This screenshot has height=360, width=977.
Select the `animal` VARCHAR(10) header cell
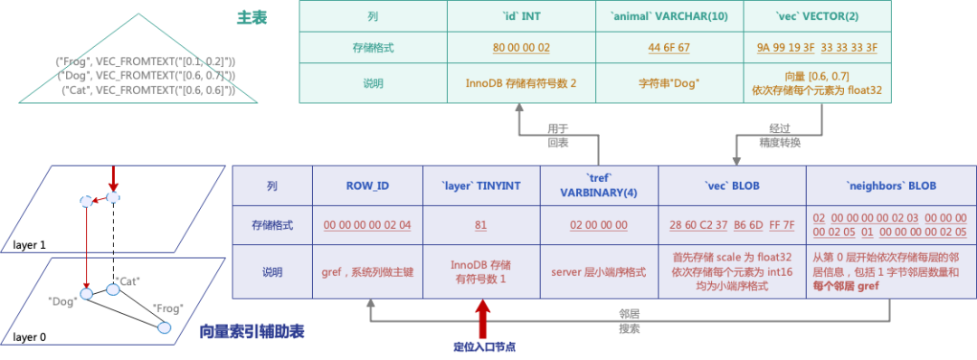pyautogui.click(x=669, y=16)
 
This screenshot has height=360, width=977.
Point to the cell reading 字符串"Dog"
pyautogui.click(x=669, y=82)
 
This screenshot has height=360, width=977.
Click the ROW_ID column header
pyautogui.click(x=367, y=185)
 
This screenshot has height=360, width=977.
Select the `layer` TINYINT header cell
pyautogui.click(x=482, y=185)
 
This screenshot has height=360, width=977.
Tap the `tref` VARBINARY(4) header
pyautogui.click(x=599, y=185)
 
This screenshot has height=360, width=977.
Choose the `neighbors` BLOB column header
pyautogui.click(x=891, y=185)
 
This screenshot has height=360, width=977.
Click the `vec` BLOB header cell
pyautogui.click(x=732, y=185)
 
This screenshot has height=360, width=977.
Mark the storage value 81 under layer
pyautogui.click(x=482, y=224)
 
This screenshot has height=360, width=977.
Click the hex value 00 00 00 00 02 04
pyautogui.click(x=367, y=224)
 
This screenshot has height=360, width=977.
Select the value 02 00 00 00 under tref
pyautogui.click(x=599, y=224)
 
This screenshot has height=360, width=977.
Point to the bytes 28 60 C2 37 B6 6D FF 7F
pyautogui.click(x=732, y=224)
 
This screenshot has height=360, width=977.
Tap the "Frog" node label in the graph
pyautogui.click(x=168, y=308)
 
